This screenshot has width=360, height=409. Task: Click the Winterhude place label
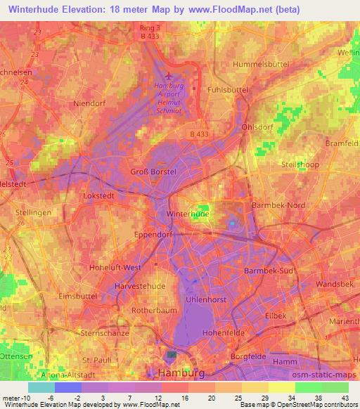(188, 213)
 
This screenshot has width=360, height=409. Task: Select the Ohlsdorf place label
(258, 126)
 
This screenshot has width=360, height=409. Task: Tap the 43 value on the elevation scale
(345, 398)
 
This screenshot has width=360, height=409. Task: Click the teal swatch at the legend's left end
(41, 387)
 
